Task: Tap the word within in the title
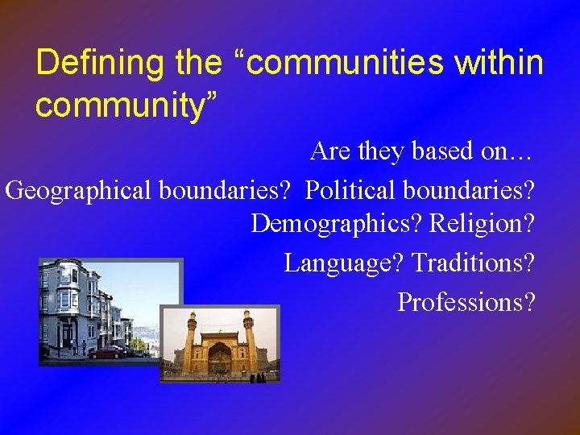(495, 63)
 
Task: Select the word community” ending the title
(126, 106)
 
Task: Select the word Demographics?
(338, 223)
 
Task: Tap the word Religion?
(482, 223)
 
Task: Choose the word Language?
(345, 263)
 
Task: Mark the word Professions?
(466, 302)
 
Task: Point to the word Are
(329, 151)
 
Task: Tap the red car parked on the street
(107, 352)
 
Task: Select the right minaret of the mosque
(249, 339)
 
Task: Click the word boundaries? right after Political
(469, 191)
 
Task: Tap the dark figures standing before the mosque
(258, 377)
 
